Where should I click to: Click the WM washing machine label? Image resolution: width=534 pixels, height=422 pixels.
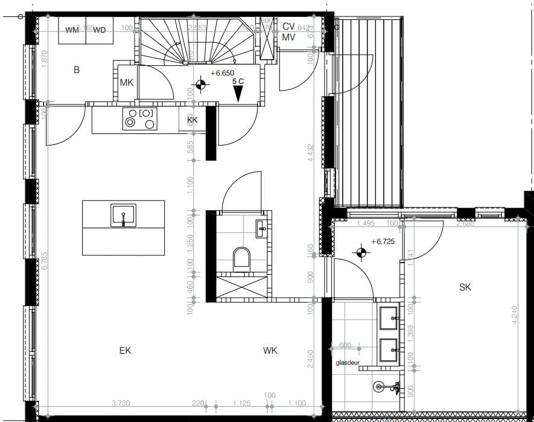pyautogui.click(x=72, y=30)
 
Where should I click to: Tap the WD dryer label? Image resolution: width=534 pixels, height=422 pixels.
pyautogui.click(x=100, y=30)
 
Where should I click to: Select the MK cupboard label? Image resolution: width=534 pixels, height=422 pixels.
pyautogui.click(x=126, y=83)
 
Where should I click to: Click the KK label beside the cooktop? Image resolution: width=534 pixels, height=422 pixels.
pyautogui.click(x=192, y=120)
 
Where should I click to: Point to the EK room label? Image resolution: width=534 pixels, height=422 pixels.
pyautogui.click(x=125, y=350)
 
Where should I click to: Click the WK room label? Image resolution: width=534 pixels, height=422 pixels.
pyautogui.click(x=270, y=350)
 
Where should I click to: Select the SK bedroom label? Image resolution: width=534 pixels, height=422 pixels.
pyautogui.click(x=465, y=287)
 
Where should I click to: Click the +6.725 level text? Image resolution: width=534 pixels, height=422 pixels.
pyautogui.click(x=383, y=241)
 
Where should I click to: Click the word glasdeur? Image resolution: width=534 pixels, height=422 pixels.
pyautogui.click(x=349, y=363)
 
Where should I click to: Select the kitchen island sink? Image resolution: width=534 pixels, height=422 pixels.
pyautogui.click(x=123, y=215)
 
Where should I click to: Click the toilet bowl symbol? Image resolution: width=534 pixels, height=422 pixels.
pyautogui.click(x=241, y=258)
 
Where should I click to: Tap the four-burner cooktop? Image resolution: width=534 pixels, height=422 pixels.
pyautogui.click(x=139, y=118)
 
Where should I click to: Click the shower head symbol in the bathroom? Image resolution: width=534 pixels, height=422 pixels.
pyautogui.click(x=380, y=386)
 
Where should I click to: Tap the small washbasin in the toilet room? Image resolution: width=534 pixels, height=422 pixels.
pyautogui.click(x=261, y=228)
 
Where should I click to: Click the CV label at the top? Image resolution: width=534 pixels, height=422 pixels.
pyautogui.click(x=288, y=27)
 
